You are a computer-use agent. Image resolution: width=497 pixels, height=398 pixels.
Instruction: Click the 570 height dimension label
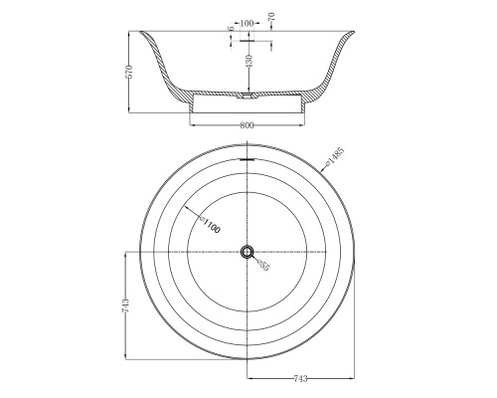(129, 72)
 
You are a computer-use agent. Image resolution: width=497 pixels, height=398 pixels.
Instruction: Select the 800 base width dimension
(247, 125)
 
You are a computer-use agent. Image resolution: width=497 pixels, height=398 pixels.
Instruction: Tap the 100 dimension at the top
(247, 23)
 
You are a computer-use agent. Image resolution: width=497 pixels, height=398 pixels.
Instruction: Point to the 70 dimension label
(272, 17)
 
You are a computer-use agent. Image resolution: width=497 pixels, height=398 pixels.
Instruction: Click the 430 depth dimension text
(249, 61)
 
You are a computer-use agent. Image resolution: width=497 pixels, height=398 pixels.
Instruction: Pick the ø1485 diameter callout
(335, 155)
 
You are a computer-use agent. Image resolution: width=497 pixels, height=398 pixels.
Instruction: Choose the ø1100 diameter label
(210, 225)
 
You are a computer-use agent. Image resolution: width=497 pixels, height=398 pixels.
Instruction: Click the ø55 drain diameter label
(263, 265)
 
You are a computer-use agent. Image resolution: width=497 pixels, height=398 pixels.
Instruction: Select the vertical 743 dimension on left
(125, 305)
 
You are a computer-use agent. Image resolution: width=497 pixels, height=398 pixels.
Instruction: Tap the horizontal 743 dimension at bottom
(301, 378)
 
